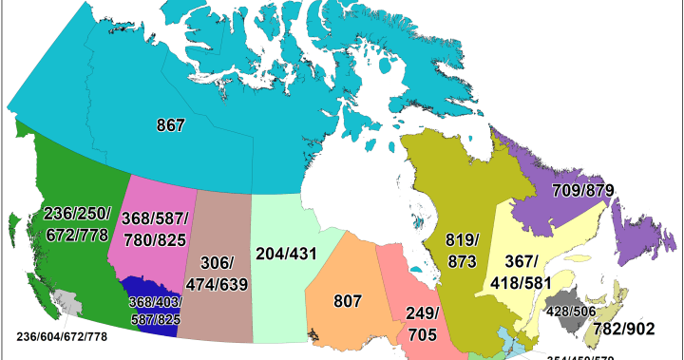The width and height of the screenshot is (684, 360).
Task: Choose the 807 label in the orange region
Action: click(x=348, y=301)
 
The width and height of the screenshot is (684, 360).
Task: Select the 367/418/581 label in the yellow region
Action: click(x=520, y=272)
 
